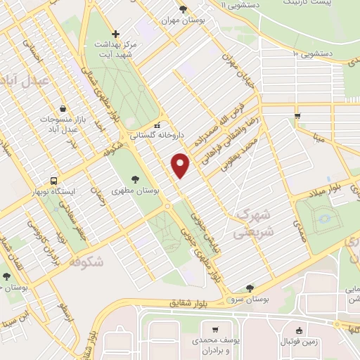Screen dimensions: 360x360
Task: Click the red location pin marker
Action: click(181, 165)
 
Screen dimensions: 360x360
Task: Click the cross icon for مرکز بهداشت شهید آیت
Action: click(117, 33)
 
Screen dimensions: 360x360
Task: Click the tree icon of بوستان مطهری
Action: click(135, 179)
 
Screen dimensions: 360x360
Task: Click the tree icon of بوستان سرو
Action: click(250, 288)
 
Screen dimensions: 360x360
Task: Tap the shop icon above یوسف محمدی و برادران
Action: click(214, 329)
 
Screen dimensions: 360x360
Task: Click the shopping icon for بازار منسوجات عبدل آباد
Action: click(64, 109)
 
